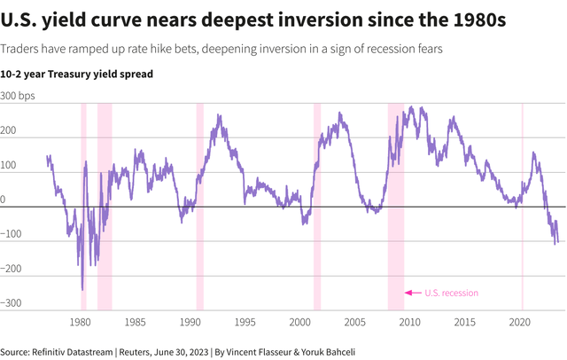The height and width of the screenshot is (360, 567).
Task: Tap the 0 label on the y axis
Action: pyautogui.click(x=4, y=200)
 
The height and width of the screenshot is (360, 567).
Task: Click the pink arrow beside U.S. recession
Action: pyautogui.click(x=412, y=293)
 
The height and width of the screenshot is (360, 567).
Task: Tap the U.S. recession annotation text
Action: pyautogui.click(x=451, y=293)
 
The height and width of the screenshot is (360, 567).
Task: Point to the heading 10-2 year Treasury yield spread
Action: pyautogui.click(x=77, y=74)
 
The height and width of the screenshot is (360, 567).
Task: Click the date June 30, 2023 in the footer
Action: pyautogui.click(x=183, y=350)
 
